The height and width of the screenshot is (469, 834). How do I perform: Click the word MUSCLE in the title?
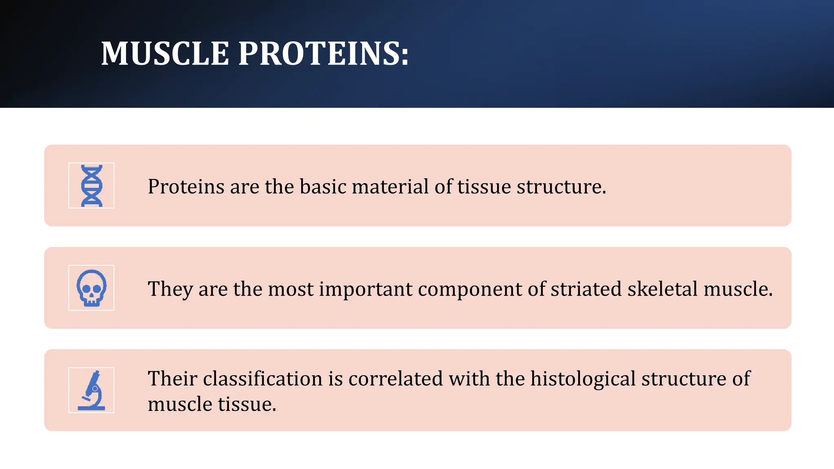click(165, 53)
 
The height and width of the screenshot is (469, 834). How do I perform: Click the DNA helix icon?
click(92, 186)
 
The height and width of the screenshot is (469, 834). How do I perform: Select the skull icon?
click(92, 288)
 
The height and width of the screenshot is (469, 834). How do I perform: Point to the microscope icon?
click(92, 390)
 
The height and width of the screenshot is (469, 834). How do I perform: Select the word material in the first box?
click(390, 186)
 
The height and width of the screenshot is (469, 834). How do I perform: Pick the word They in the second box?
click(170, 289)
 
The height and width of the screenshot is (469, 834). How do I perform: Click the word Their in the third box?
click(173, 379)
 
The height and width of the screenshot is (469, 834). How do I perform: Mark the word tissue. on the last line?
click(247, 404)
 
